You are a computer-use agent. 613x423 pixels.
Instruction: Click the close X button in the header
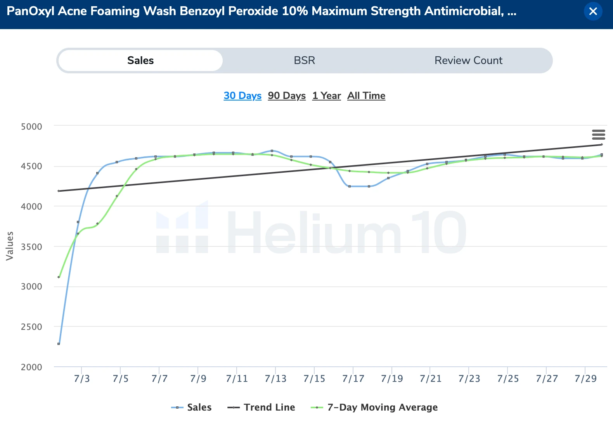coord(593,11)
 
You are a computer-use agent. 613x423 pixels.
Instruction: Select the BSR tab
coord(304,61)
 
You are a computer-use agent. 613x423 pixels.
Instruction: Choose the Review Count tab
coord(468,61)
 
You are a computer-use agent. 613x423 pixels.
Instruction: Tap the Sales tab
coord(140,61)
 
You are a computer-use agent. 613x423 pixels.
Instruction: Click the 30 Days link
coord(242,95)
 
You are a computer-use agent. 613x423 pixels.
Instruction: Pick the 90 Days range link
coord(287,95)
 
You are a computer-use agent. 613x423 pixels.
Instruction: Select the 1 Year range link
coord(326,95)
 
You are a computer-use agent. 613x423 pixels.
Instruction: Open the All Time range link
coord(366,95)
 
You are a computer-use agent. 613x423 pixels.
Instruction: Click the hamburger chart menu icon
coord(598,135)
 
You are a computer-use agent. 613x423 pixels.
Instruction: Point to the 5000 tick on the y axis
coord(31,127)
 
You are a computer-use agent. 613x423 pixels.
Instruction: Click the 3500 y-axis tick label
coord(31,247)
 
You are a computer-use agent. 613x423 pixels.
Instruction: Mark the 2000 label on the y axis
coord(31,367)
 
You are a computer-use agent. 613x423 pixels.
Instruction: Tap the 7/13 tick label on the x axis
coord(275,379)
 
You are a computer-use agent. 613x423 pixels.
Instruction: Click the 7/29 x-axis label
coord(585,379)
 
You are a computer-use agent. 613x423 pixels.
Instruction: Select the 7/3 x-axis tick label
coord(82,379)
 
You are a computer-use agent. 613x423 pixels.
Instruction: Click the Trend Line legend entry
coord(261,407)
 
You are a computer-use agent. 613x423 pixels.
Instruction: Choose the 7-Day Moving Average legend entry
coord(375,407)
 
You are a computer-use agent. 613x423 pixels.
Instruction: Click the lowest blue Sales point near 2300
coord(59,344)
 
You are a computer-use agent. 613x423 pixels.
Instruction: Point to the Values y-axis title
coord(10,246)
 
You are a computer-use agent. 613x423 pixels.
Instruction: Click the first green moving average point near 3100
coord(59,277)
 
